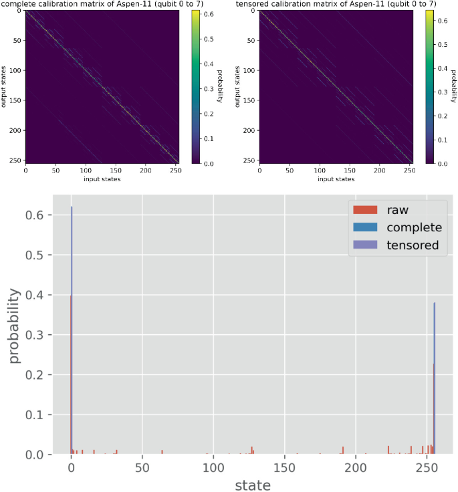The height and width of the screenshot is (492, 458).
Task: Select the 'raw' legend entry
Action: (397, 211)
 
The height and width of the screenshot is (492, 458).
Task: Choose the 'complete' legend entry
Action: (414, 228)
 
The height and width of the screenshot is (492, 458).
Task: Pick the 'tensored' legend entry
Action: (413, 245)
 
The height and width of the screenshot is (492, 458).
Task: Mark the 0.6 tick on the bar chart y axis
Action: (35, 215)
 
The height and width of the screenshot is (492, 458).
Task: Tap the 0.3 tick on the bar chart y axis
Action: (35, 335)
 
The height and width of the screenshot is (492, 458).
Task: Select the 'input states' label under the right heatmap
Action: (336, 179)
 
